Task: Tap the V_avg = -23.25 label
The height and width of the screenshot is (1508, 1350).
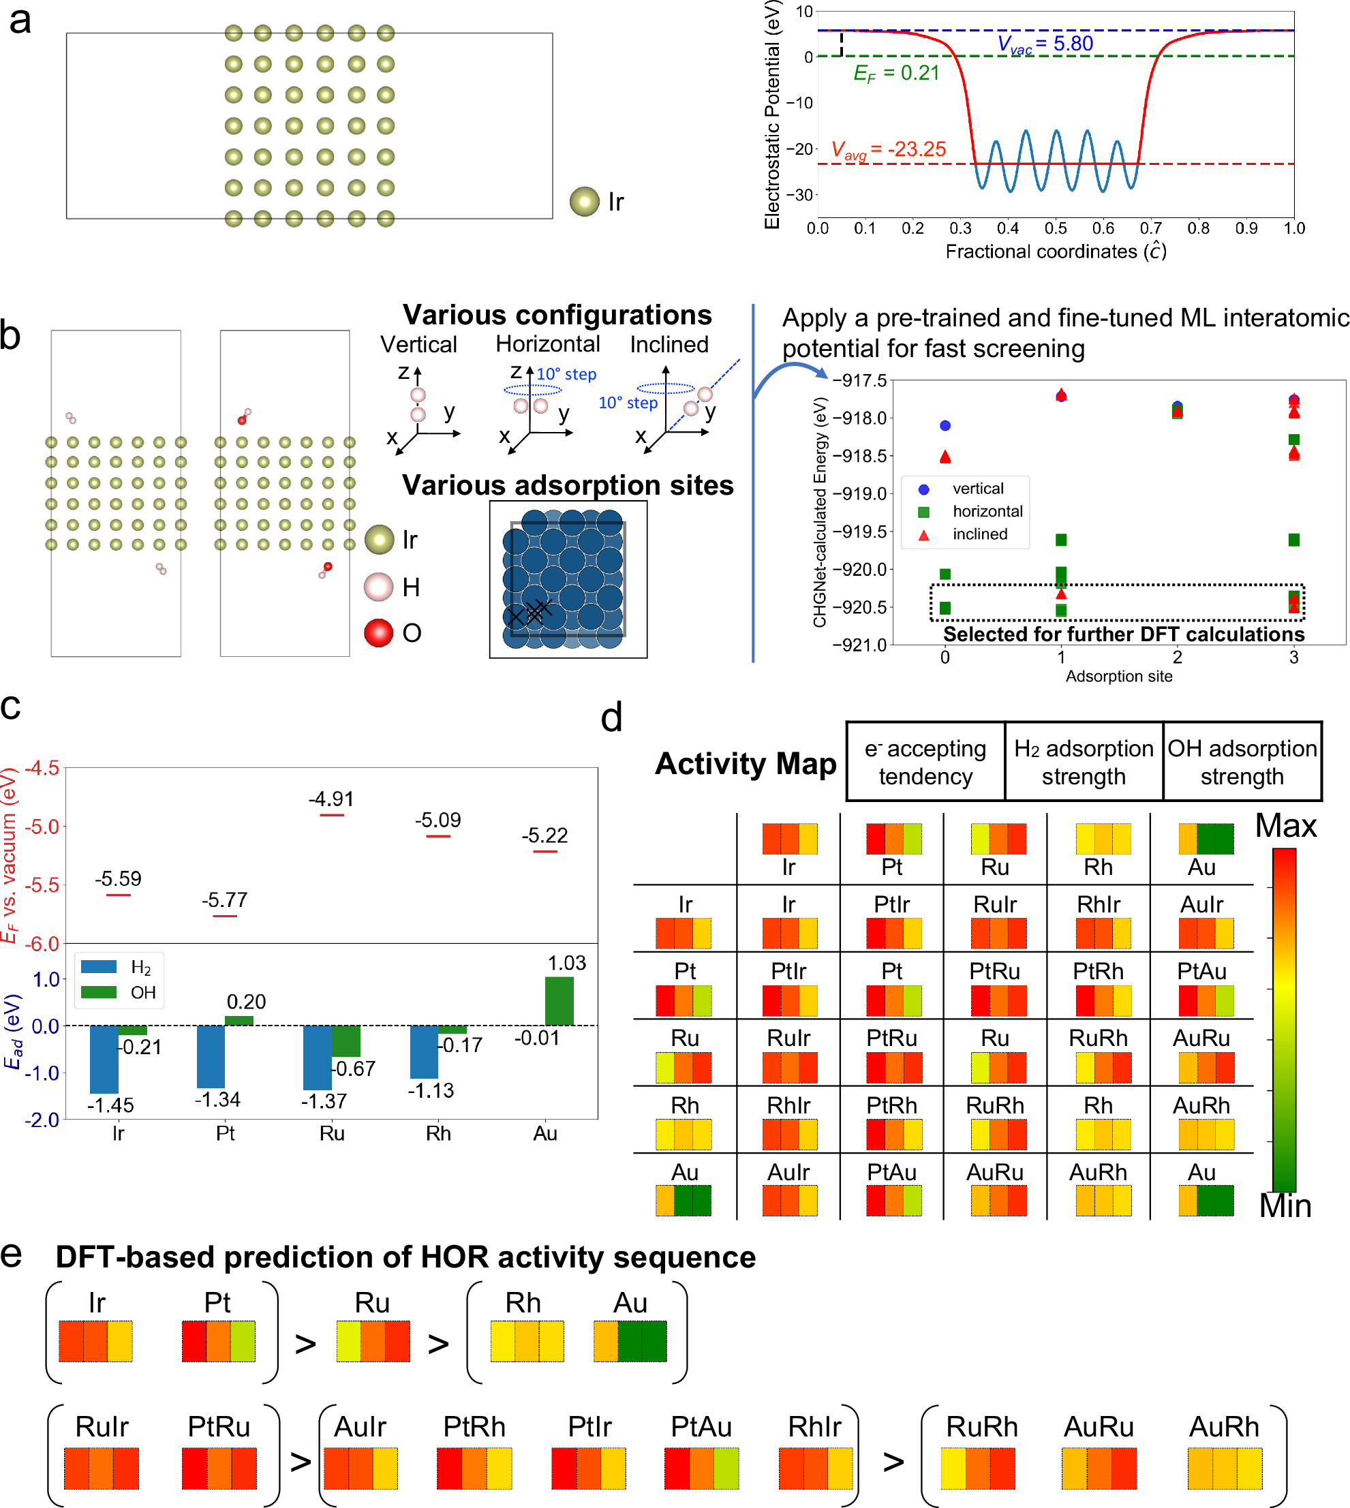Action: click(888, 150)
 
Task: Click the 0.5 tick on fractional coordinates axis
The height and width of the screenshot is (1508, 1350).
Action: click(1056, 228)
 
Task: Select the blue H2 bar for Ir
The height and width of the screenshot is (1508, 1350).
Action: click(104, 1058)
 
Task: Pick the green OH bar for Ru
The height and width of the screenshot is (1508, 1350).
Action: click(346, 1041)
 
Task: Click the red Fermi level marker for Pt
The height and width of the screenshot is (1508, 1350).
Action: click(225, 916)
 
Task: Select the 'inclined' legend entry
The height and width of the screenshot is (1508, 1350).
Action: click(979, 534)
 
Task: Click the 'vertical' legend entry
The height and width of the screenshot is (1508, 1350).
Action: click(978, 489)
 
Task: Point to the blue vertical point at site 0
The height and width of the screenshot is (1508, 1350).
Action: click(945, 426)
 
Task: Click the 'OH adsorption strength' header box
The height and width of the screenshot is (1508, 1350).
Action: click(1242, 762)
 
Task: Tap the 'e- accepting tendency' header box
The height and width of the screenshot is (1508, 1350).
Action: click(925, 762)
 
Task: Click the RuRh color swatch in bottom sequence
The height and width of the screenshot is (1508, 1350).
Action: click(978, 1468)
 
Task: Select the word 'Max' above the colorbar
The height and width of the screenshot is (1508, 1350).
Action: click(1285, 826)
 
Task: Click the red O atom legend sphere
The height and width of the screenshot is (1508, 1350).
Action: click(378, 633)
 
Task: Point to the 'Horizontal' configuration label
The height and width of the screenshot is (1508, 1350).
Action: click(547, 344)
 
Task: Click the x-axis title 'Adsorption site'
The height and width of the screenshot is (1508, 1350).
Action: click(1118, 677)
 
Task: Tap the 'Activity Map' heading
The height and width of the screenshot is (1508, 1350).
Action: click(745, 763)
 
